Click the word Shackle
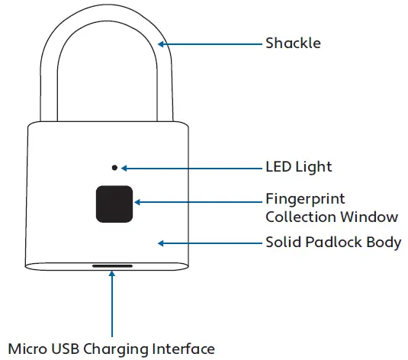pyautogui.click(x=293, y=43)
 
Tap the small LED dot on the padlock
pyautogui.click(x=114, y=167)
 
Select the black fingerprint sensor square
pyautogui.click(x=114, y=203)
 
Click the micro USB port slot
pyautogui.click(x=112, y=268)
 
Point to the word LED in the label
pyautogui.click(x=278, y=166)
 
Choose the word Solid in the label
pyautogui.click(x=281, y=243)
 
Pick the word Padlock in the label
pyautogui.click(x=331, y=243)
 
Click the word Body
pyautogui.click(x=383, y=243)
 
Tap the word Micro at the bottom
pyautogui.click(x=26, y=349)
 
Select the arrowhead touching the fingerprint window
pyautogui.click(x=138, y=203)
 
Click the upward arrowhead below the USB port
pyautogui.click(x=112, y=276)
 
